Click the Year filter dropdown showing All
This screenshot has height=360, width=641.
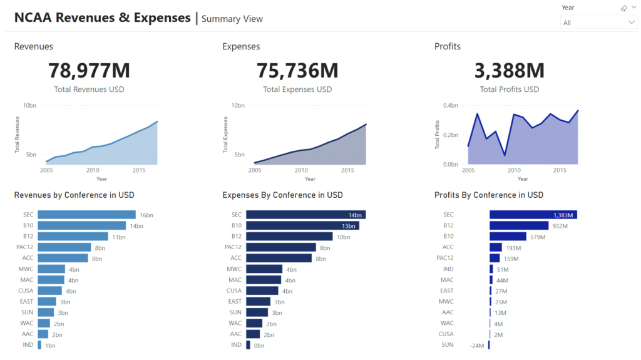point(598,23)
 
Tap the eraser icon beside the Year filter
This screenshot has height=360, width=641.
point(623,8)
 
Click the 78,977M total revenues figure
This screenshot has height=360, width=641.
point(89,70)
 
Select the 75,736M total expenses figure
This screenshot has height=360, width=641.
point(297,70)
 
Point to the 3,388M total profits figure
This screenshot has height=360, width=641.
point(509,70)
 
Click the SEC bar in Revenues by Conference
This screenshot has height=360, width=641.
point(86,215)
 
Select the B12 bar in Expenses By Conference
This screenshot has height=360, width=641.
point(289,237)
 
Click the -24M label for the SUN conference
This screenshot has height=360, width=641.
point(478,345)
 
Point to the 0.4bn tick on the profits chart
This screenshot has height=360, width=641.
point(451,105)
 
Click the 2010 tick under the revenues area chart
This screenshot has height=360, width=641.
point(93,170)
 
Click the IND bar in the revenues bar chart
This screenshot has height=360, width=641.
point(39,345)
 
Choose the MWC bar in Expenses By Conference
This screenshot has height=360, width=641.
point(264,269)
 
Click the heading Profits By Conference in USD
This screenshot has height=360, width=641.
point(489,195)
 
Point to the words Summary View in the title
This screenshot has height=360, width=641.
point(232,19)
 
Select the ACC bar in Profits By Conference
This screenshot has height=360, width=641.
point(496,247)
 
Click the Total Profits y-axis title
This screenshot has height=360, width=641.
point(438,135)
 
